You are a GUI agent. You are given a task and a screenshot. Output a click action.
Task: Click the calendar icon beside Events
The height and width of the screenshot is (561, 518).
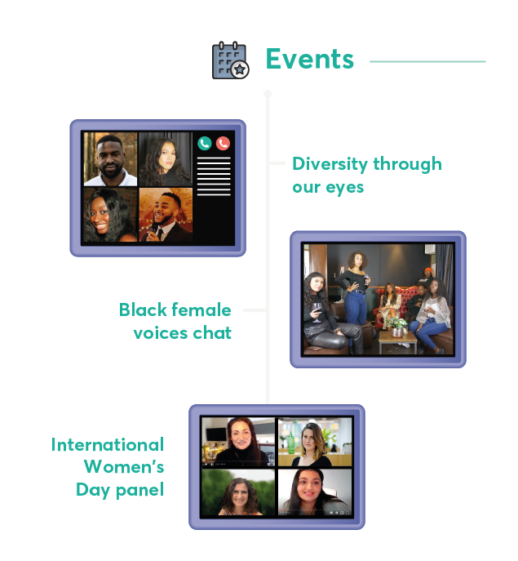(x=230, y=60)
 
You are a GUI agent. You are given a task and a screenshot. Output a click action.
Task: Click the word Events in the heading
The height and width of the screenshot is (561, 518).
(x=310, y=59)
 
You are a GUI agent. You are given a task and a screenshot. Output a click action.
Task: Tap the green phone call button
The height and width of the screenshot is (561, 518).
(x=205, y=143)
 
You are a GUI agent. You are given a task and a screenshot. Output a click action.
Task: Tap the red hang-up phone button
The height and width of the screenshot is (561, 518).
(x=223, y=143)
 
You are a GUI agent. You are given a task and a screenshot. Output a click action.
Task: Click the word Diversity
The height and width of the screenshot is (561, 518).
(x=330, y=164)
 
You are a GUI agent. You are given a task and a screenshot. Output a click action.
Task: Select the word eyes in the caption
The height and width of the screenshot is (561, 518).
(x=344, y=188)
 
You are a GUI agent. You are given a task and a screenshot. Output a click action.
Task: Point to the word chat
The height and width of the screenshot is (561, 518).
(x=212, y=332)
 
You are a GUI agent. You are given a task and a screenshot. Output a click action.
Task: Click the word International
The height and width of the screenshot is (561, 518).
(x=108, y=445)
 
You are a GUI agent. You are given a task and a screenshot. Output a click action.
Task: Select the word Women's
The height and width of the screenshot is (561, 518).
(x=124, y=466)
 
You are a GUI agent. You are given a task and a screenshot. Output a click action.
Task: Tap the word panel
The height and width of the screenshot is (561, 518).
(x=140, y=490)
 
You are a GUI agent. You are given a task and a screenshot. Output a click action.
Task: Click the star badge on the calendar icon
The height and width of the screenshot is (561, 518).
(x=240, y=69)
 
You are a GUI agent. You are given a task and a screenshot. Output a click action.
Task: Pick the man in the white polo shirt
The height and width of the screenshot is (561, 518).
(x=110, y=159)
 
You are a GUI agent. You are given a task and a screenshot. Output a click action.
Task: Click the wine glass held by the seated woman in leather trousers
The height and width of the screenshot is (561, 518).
(x=317, y=312)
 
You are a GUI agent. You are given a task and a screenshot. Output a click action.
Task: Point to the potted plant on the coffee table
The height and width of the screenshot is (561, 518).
(x=396, y=326)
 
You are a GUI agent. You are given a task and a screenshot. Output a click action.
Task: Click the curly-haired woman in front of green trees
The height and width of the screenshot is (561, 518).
(x=238, y=496)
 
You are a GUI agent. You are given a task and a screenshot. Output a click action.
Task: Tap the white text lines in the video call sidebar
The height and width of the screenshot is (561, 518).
(x=214, y=176)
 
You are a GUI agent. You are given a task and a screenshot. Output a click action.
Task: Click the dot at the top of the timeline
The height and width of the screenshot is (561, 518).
(x=268, y=94)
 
